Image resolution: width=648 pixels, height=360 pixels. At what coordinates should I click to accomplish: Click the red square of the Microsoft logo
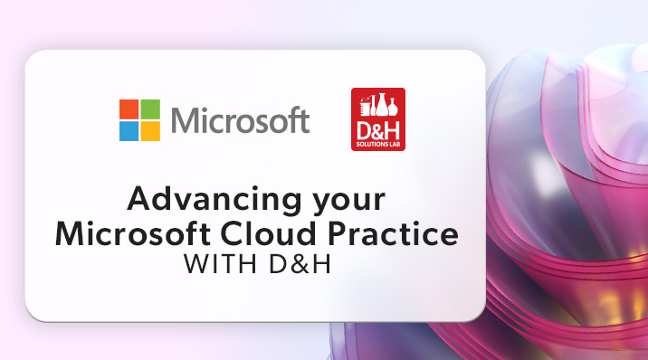click(129, 109)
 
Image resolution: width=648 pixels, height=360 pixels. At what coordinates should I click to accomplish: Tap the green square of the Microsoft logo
click(150, 109)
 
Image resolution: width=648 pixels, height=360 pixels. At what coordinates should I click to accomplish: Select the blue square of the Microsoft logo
click(129, 130)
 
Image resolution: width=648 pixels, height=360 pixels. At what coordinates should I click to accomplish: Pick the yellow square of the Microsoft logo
click(150, 130)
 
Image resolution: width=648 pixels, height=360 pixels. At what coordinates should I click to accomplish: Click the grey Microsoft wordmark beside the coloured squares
click(239, 120)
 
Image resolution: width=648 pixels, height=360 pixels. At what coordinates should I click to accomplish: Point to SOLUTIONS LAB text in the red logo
click(376, 143)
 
